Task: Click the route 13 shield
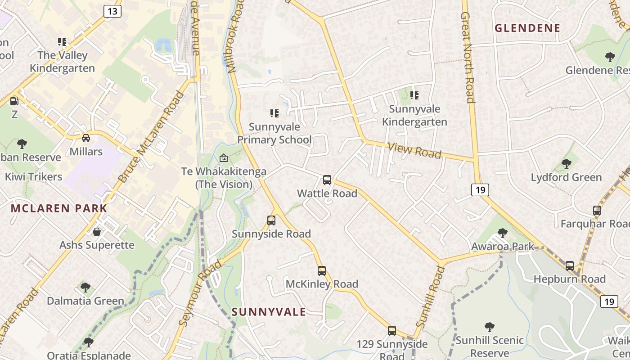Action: click(x=112, y=11)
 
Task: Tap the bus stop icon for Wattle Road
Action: click(x=327, y=180)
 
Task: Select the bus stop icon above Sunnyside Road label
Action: click(x=271, y=220)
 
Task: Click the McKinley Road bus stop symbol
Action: click(x=321, y=270)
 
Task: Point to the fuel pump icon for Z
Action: click(x=14, y=101)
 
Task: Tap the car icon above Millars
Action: click(x=85, y=138)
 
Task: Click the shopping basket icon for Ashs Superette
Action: click(x=96, y=232)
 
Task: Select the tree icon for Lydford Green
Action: click(x=566, y=164)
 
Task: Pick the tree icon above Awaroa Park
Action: click(x=502, y=233)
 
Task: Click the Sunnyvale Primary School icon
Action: click(x=274, y=113)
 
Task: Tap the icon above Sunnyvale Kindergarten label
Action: click(x=414, y=95)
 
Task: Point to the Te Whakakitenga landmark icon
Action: click(x=223, y=158)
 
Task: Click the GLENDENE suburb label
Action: click(x=527, y=28)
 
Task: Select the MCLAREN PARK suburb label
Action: click(x=59, y=208)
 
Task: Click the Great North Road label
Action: click(x=468, y=58)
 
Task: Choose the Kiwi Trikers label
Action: click(x=34, y=176)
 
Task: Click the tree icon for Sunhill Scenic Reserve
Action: click(x=489, y=327)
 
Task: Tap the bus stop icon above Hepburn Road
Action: click(x=569, y=265)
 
